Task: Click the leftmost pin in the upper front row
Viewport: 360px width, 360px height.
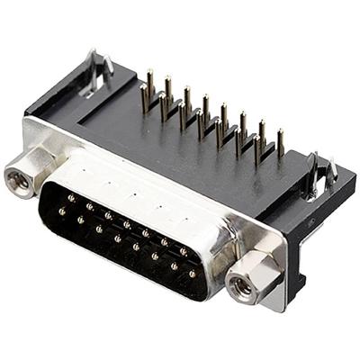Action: tap(70, 197)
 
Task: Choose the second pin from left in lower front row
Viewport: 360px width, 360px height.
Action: tap(80, 220)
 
